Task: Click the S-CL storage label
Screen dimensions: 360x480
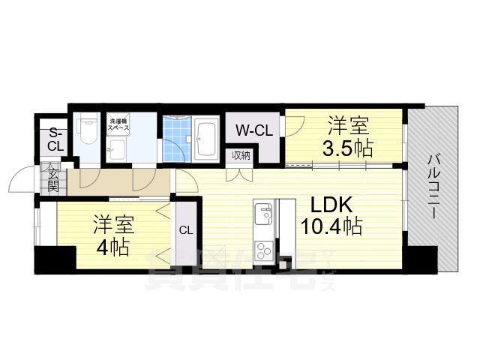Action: tap(55, 140)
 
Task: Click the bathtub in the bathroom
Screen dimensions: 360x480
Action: tap(207, 139)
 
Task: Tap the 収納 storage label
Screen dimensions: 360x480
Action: tap(241, 155)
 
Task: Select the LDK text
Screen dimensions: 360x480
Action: tap(327, 204)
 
